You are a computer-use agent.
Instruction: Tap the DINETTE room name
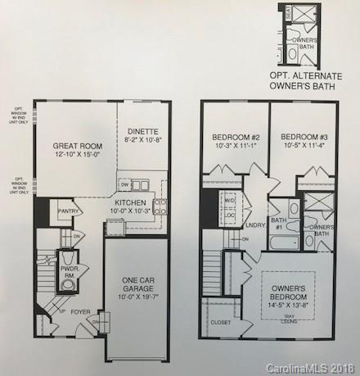click(x=143, y=130)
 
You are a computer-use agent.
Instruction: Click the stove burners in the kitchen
click(x=161, y=205)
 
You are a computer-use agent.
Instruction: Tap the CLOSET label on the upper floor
click(x=221, y=323)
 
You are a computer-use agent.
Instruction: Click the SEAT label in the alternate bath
click(x=286, y=14)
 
